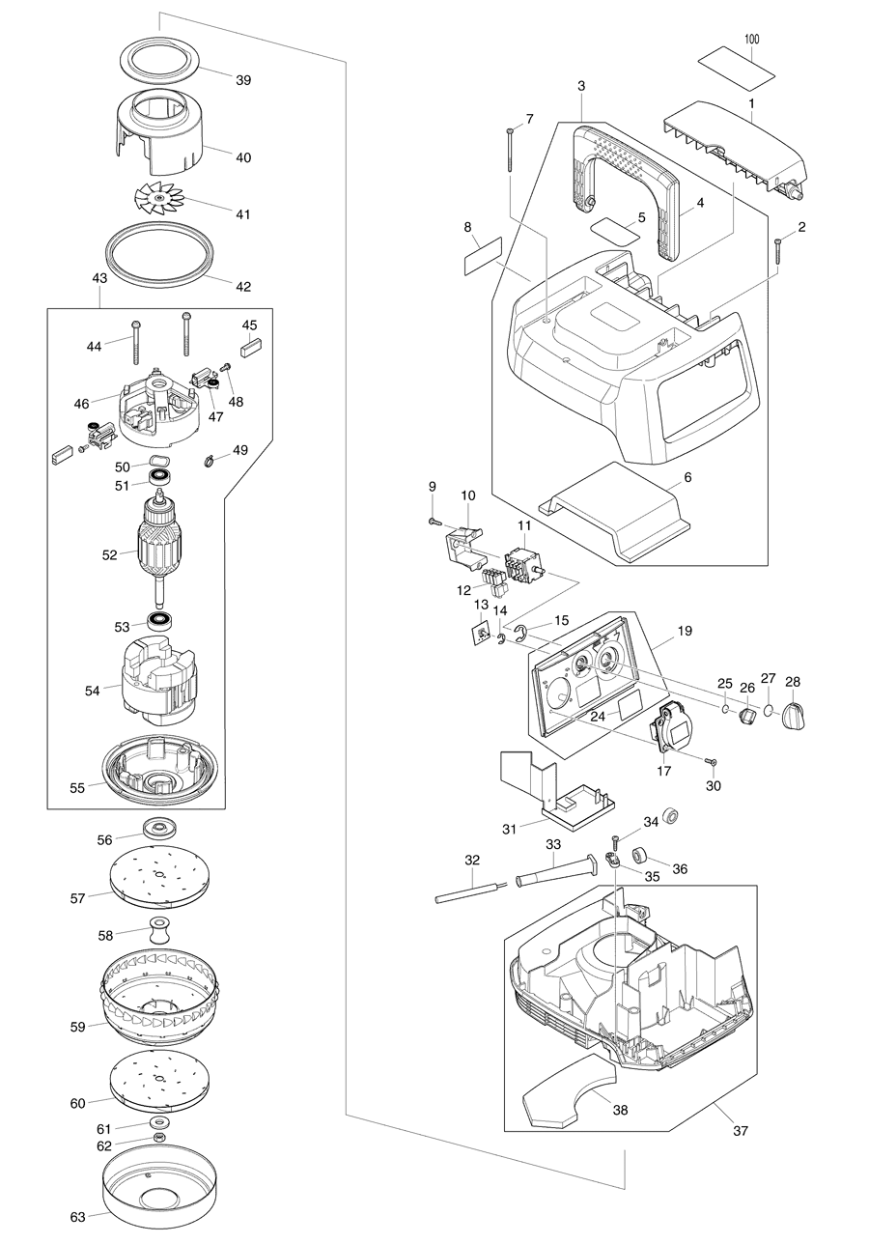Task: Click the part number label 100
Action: (751, 40)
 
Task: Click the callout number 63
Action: (77, 1216)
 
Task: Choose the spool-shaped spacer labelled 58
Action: (160, 932)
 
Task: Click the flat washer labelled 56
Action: (160, 829)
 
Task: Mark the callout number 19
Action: (685, 631)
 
